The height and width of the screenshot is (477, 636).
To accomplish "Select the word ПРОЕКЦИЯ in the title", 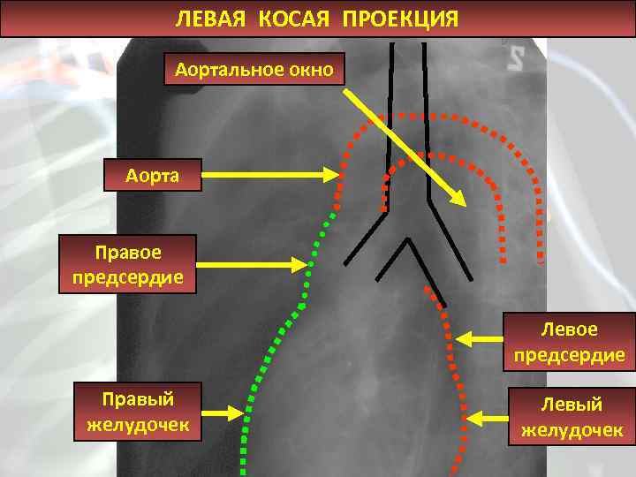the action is point(402,19).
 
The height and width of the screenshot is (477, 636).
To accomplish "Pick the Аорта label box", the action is point(153,175).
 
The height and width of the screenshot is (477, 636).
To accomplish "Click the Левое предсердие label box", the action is point(570,343).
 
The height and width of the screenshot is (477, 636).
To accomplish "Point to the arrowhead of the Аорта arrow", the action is point(338,175).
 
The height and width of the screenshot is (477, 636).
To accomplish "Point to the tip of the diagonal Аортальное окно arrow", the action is point(465,204).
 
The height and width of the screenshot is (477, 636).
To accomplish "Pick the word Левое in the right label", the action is point(570,329).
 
